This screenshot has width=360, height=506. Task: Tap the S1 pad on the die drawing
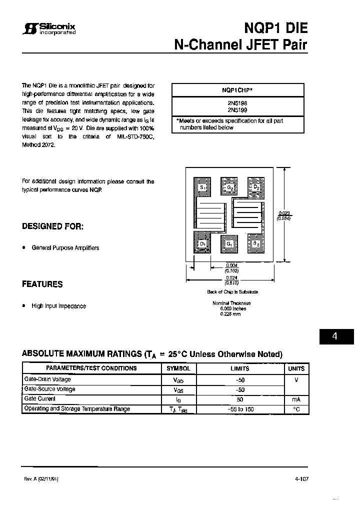[202, 188]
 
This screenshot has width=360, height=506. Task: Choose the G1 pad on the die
[229, 244]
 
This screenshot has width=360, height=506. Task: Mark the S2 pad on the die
[255, 244]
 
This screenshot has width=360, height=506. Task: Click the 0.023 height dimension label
[284, 213]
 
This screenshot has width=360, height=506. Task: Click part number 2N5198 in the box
[237, 102]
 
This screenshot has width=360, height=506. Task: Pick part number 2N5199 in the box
[237, 109]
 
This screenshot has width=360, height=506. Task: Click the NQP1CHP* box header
[237, 90]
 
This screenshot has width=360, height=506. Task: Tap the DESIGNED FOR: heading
[52, 226]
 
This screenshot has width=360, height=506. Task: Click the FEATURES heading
[42, 284]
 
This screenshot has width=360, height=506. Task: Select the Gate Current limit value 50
[239, 399]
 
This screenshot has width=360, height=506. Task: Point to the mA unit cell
[296, 399]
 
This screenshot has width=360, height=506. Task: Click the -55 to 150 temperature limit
[239, 409]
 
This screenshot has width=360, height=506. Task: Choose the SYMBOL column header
[178, 368]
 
